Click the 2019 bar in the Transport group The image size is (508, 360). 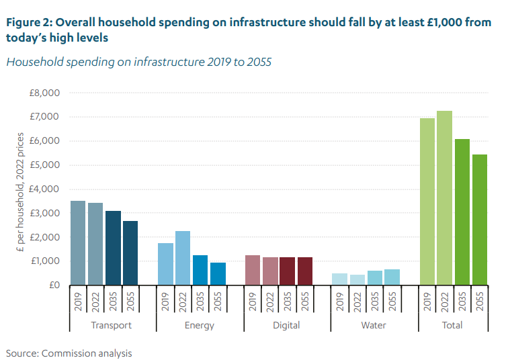point(78,243)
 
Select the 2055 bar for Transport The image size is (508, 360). point(130,253)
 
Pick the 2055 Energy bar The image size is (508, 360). point(217,273)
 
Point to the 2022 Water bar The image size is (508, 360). point(357,279)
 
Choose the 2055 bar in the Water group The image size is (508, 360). point(392,277)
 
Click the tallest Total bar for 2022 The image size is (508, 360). point(444,198)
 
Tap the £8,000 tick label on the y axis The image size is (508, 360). point(45,93)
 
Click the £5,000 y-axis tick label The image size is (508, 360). point(45,165)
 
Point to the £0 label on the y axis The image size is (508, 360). point(54,285)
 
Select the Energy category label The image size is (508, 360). point(199,325)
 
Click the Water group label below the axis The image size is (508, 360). point(374,325)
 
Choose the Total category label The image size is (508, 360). point(452,325)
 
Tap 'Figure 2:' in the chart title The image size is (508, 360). point(28,22)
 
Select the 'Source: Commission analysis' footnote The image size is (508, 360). point(69,353)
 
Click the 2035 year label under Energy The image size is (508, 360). point(200,302)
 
